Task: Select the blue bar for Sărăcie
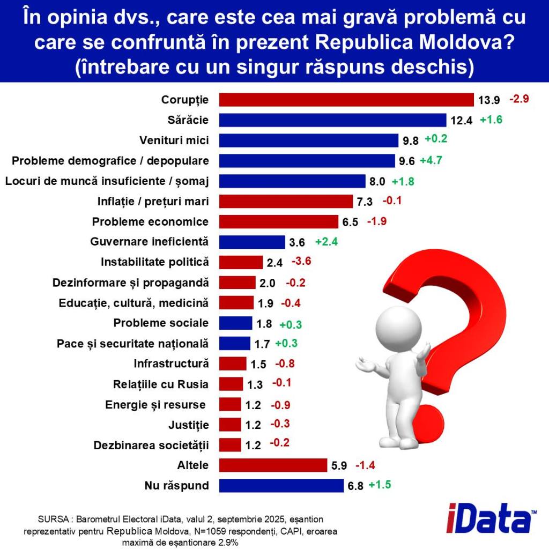pos(333,120)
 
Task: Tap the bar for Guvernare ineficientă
pos(252,242)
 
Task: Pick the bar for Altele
pos(273,465)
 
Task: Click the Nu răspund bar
pos(281,486)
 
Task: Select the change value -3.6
pos(301,262)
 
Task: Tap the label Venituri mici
pos(174,140)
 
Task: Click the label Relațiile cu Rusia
pos(161,384)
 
